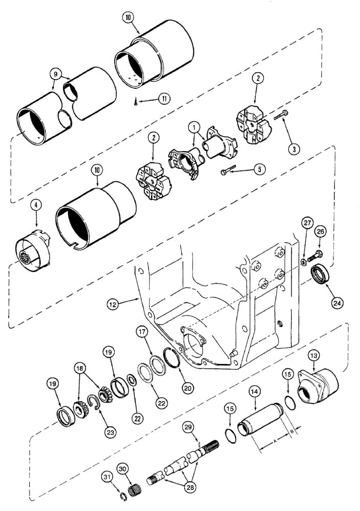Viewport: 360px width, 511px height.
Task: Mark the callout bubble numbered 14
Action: coord(254,392)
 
